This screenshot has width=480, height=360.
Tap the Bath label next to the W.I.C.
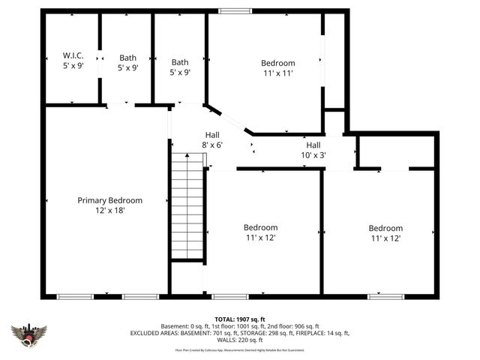[127, 57]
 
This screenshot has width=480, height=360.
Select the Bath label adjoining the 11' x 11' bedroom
[180, 62]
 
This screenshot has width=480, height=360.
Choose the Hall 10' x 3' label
[313, 150]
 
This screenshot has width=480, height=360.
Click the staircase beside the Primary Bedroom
[187, 205]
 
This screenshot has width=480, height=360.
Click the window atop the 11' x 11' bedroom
[234, 11]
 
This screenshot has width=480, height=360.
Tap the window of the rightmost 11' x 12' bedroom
[385, 296]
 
